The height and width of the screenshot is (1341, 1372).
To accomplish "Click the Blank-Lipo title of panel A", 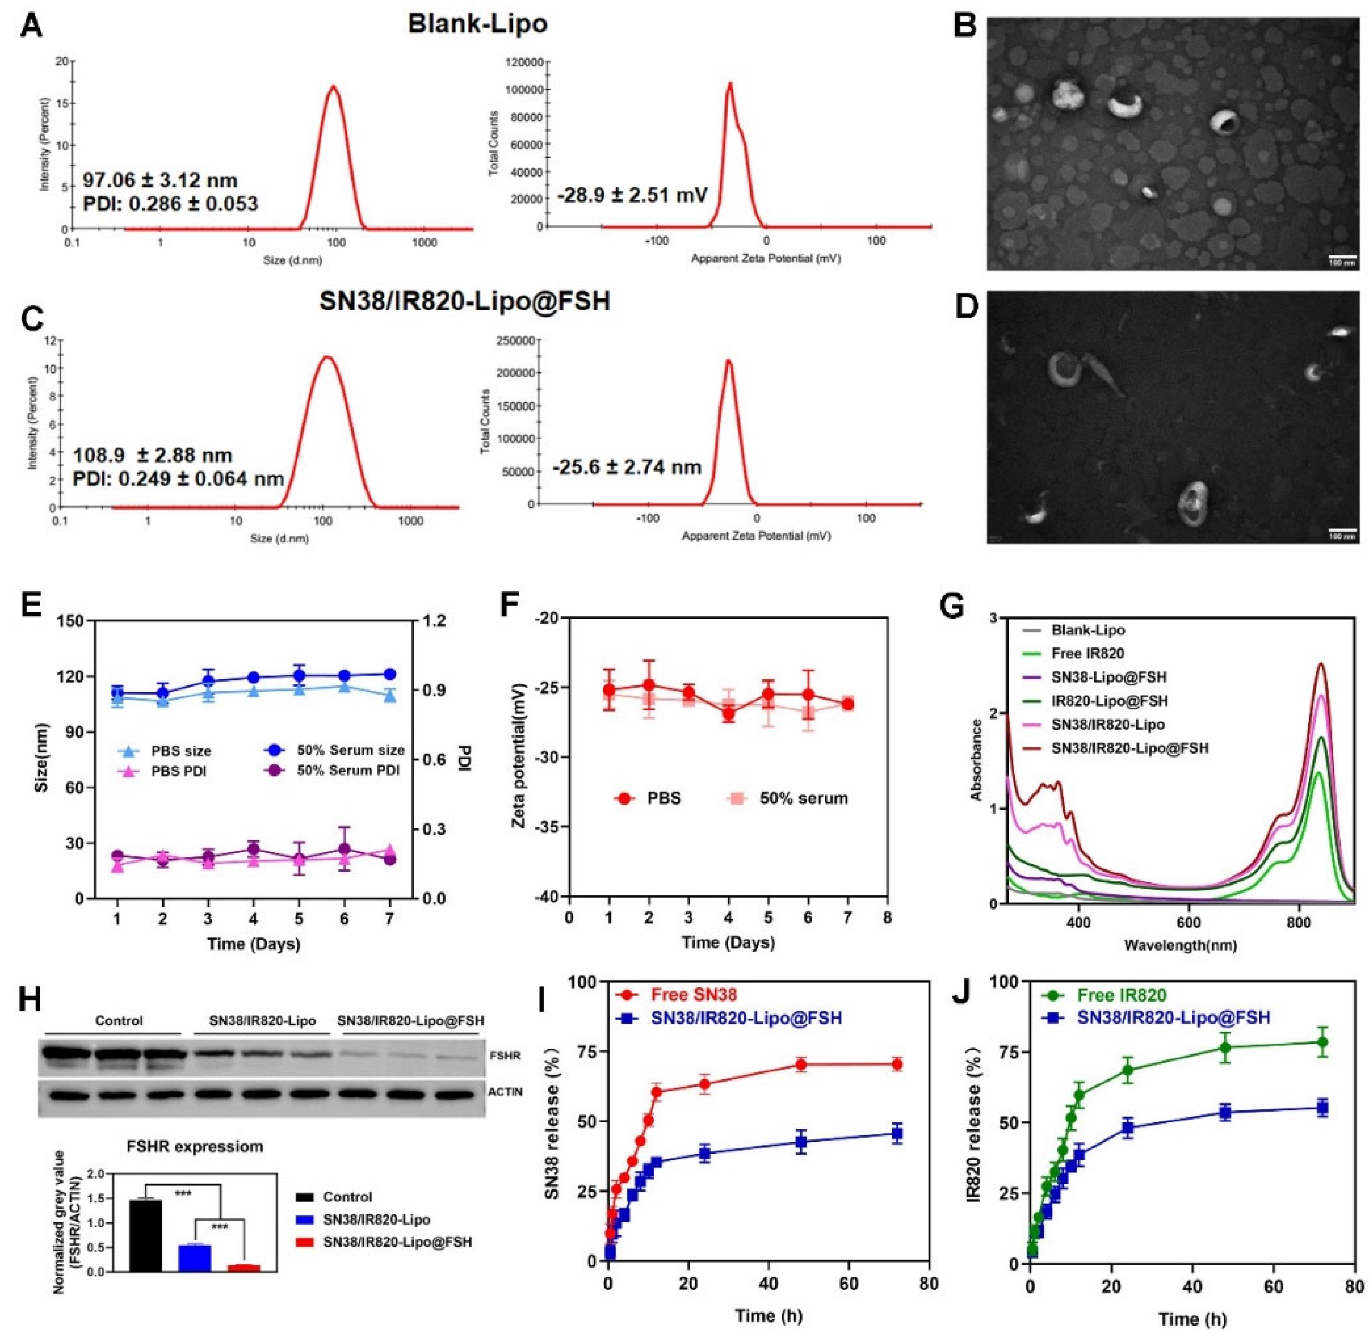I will (x=477, y=24).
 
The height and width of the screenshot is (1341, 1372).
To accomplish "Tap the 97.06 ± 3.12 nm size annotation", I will (x=161, y=181).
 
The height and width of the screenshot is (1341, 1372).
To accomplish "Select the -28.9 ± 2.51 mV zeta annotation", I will (x=632, y=194).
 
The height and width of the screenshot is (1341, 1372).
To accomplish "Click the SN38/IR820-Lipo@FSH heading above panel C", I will (x=465, y=301).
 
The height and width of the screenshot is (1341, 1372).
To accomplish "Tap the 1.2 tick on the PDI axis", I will (x=437, y=621).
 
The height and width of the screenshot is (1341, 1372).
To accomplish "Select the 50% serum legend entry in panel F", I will (x=788, y=799).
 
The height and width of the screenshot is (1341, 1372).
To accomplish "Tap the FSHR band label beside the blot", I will (x=506, y=1057).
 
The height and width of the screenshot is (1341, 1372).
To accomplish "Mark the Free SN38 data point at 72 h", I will (x=897, y=1064).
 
